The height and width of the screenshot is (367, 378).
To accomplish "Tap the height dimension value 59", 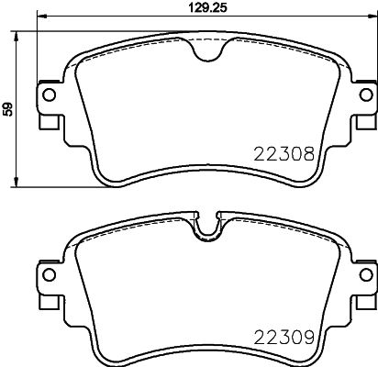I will click(8, 108).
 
